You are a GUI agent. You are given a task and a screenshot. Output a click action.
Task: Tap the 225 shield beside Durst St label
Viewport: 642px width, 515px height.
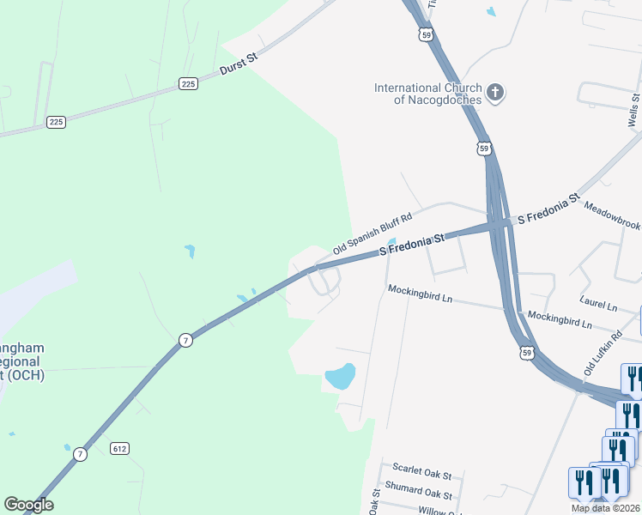coord(189,83)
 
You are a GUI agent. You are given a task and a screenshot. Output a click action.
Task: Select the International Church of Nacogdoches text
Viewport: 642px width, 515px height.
coord(427,94)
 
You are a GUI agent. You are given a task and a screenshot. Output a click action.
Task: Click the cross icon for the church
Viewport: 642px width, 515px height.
coord(494,93)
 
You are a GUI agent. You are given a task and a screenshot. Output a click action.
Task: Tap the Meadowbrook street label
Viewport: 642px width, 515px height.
coord(613,216)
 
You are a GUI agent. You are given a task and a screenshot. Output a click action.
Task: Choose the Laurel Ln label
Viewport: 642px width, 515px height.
coord(598,305)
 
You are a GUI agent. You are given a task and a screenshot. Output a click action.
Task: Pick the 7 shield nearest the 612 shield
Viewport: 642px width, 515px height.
coord(80,454)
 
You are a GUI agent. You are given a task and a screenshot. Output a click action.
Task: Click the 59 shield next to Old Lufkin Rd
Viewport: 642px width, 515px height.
coord(527,352)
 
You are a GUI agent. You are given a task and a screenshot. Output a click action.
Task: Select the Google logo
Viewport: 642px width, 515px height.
coord(28,505)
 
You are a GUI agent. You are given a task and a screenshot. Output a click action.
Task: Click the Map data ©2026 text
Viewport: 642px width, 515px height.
coord(605,508)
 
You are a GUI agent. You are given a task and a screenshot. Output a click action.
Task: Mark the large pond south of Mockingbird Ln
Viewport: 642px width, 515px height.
coord(341,375)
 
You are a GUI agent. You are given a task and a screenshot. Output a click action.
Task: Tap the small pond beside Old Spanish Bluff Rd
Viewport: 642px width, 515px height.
coord(391,241)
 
